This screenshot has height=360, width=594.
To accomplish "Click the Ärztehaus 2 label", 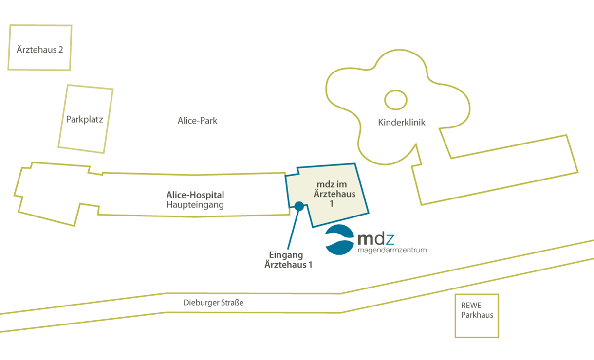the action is click(x=40, y=49).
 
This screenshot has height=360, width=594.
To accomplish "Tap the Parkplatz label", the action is click(x=84, y=120).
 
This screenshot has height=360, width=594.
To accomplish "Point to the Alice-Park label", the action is click(x=197, y=121).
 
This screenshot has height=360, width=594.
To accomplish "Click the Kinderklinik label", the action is click(x=402, y=122).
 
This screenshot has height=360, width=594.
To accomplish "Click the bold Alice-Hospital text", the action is click(x=195, y=195).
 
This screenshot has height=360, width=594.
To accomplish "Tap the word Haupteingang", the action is click(x=195, y=205).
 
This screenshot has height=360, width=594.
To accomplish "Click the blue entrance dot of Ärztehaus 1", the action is click(x=299, y=206).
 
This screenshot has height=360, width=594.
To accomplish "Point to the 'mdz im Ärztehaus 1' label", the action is click(x=334, y=194).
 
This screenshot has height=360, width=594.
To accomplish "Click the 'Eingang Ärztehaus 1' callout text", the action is click(x=288, y=260).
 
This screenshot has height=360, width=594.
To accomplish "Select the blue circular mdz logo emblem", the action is click(x=340, y=240).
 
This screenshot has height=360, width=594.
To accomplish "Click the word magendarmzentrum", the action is click(x=392, y=250).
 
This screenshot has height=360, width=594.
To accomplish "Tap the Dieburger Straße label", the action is click(x=213, y=303).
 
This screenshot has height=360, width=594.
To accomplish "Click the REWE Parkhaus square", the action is click(x=455, y=316).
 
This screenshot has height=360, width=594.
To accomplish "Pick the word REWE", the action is click(x=471, y=306).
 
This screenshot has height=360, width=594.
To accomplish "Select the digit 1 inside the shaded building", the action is click(x=332, y=204).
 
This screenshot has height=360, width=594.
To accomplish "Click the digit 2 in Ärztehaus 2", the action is click(x=60, y=50).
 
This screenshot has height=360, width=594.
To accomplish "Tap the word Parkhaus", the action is click(x=477, y=315).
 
